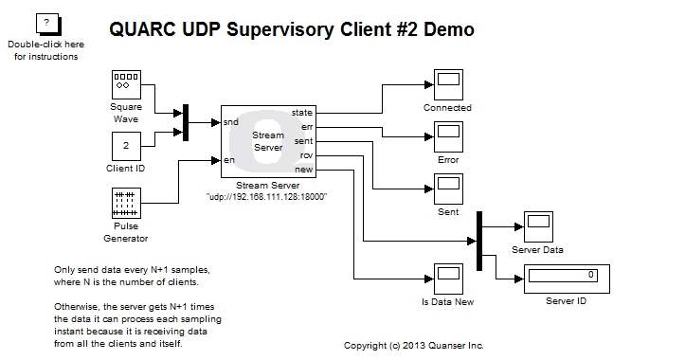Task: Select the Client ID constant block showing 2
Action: coord(126,147)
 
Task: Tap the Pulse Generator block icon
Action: coord(126,204)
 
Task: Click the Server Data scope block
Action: coord(537,228)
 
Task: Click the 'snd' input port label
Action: coord(230,122)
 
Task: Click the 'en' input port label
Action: coord(228,160)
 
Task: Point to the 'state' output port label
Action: coord(303,113)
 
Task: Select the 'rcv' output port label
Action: coord(306,154)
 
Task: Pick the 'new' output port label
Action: coord(305,169)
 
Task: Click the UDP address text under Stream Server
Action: coord(266,195)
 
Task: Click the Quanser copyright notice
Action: coord(413,346)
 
